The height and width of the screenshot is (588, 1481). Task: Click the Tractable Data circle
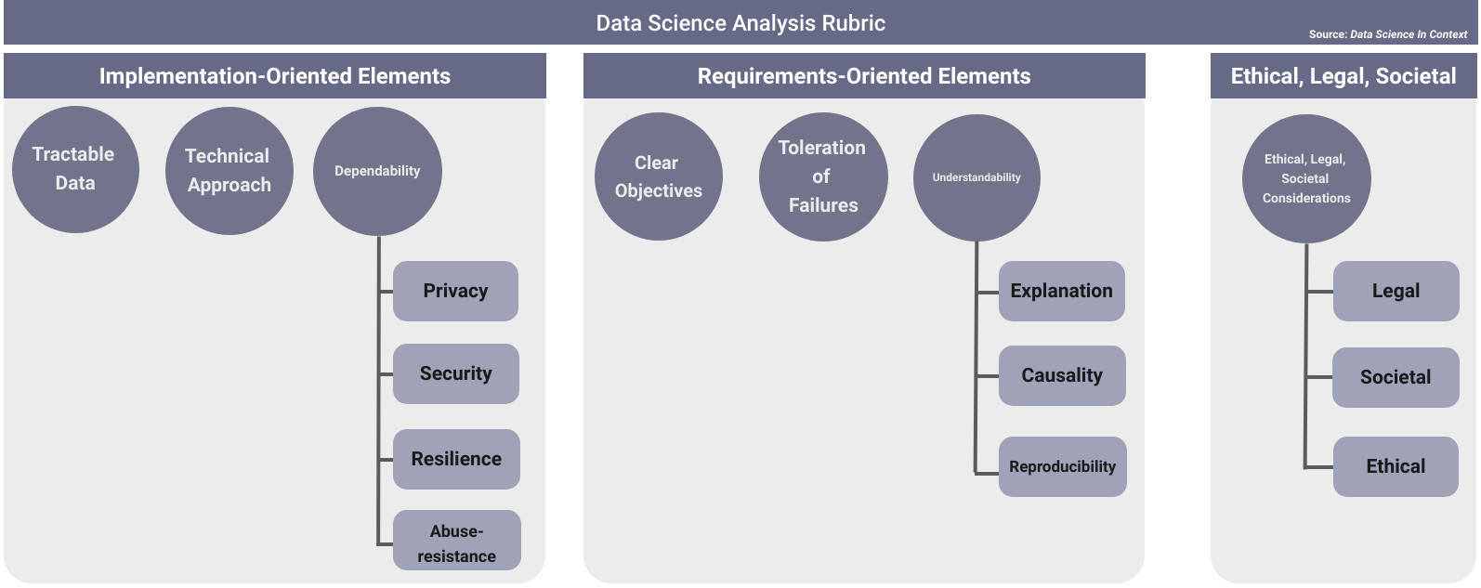coord(75,169)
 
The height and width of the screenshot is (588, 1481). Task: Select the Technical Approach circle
coord(229,171)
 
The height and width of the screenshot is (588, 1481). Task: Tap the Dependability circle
coord(377,171)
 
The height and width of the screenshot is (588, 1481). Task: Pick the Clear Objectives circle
coord(658,176)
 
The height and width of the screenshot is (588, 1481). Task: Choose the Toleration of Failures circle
coord(823,176)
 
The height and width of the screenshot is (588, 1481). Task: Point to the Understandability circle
coord(976,177)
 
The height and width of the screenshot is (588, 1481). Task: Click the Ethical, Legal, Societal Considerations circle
coord(1306,178)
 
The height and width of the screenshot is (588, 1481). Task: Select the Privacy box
coord(455,291)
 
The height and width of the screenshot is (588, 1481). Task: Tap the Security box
coord(456,373)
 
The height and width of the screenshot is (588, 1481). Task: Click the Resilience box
coord(456,459)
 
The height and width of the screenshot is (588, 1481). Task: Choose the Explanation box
coord(1062,291)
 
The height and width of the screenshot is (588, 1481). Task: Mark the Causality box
coord(1062,375)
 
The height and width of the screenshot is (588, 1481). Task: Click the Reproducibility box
coord(1063,466)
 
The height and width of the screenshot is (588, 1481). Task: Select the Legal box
coord(1396,291)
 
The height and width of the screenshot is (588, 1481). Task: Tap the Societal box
coord(1396,377)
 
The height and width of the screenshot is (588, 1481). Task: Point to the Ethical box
coord(1396,466)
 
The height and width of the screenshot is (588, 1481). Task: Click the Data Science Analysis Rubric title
coord(740,23)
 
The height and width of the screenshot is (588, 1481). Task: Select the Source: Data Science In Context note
coord(1388,34)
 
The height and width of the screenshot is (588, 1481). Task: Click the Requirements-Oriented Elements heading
coord(864,76)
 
